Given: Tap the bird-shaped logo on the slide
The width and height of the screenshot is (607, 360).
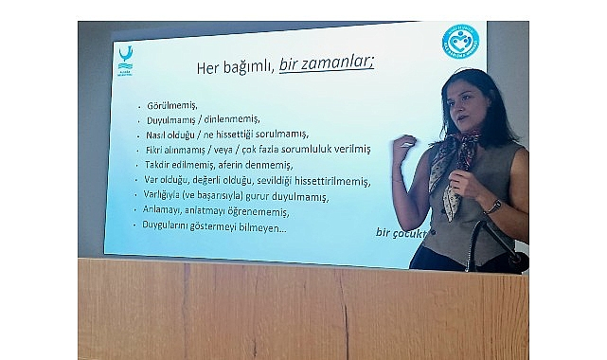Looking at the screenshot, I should point(124,58).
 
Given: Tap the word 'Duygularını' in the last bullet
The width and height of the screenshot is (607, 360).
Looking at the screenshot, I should point(172,226).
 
